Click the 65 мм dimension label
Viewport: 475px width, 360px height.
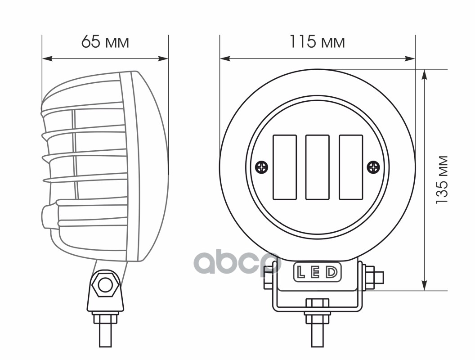tap(105, 42)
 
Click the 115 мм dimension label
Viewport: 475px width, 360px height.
tap(317, 42)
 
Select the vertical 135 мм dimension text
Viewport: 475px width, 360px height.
tap(443, 180)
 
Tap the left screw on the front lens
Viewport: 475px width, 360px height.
tap(262, 167)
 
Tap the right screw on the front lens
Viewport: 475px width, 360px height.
tap(373, 167)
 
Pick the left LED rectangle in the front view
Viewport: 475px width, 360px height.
tap(285, 167)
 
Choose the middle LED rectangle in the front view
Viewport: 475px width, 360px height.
tap(318, 167)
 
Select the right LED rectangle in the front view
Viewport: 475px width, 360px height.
tap(351, 167)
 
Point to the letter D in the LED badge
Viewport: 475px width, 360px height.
tap(332, 273)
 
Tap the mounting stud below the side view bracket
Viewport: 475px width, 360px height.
tap(105, 335)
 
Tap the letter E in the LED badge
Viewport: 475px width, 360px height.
tap(316, 273)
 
